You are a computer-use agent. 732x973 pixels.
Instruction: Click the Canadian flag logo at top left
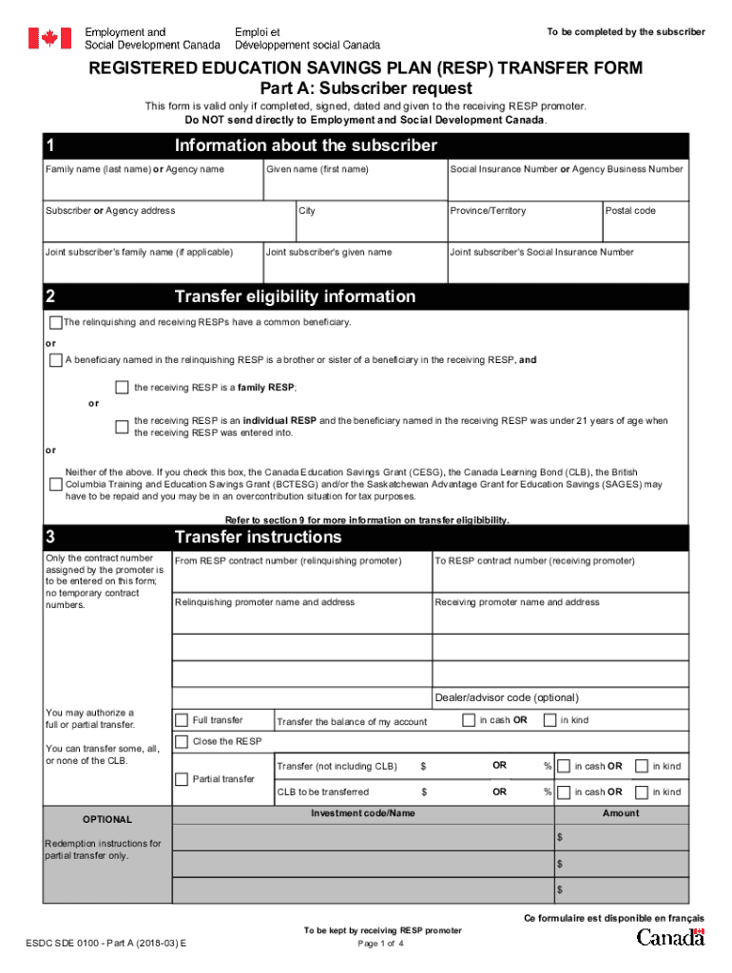pyautogui.click(x=49, y=38)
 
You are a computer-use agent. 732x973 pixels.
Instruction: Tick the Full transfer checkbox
pyautogui.click(x=182, y=719)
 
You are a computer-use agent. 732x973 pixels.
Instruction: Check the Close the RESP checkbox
pyautogui.click(x=182, y=741)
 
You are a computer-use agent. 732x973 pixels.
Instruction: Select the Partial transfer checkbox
pyautogui.click(x=182, y=779)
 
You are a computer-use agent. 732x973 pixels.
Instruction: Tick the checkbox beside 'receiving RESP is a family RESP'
pyautogui.click(x=122, y=387)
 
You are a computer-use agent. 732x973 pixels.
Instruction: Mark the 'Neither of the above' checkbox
pyautogui.click(x=55, y=485)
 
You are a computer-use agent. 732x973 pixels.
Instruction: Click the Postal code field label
pyautogui.click(x=630, y=211)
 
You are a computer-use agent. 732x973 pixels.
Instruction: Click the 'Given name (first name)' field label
pyautogui.click(x=317, y=169)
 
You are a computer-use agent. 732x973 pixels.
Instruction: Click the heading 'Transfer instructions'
pyautogui.click(x=258, y=538)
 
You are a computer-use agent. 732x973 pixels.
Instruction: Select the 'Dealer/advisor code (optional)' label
pyautogui.click(x=505, y=697)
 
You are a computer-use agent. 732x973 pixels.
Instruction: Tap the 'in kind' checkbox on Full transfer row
pyautogui.click(x=549, y=720)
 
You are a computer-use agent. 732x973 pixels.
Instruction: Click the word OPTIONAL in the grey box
pyautogui.click(x=107, y=819)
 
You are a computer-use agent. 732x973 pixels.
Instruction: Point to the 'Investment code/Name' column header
pyautogui.click(x=363, y=813)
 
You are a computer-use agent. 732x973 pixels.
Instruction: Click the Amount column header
pyautogui.click(x=621, y=813)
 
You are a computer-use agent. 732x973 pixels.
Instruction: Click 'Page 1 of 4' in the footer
pyautogui.click(x=381, y=944)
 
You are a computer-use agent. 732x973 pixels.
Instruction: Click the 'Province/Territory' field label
pyautogui.click(x=488, y=211)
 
